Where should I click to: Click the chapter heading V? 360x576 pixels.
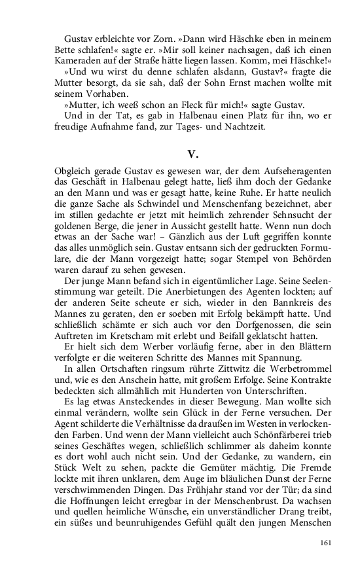point(192,154)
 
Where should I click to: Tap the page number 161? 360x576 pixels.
point(326,543)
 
